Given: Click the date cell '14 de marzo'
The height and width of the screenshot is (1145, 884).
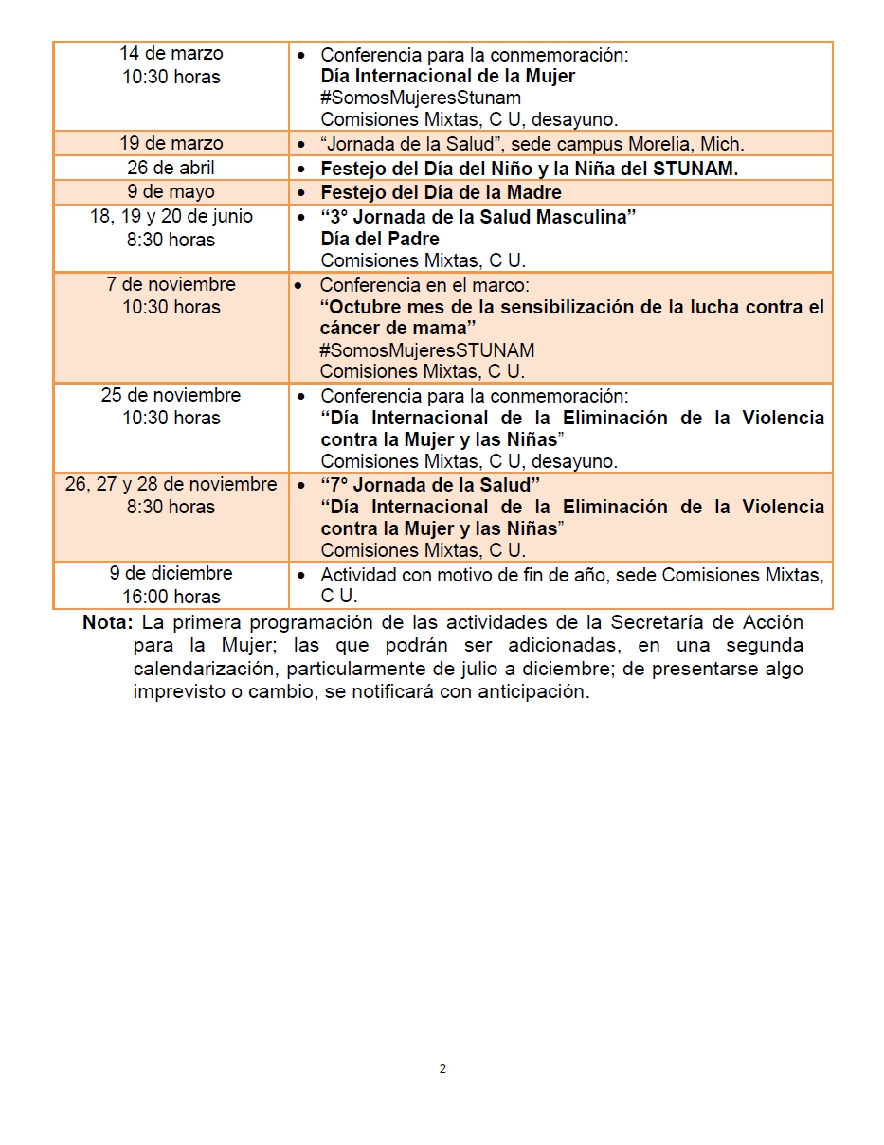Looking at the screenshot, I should (x=171, y=54).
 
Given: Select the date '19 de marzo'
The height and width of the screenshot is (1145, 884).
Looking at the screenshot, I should (x=171, y=143).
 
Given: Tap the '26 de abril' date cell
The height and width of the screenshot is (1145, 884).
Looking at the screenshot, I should (x=171, y=168).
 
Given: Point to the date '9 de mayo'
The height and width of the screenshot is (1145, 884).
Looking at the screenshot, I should (x=171, y=192).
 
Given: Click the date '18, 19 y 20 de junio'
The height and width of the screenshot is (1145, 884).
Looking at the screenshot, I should (x=171, y=216).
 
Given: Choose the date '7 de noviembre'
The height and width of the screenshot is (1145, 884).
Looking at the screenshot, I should (x=171, y=284).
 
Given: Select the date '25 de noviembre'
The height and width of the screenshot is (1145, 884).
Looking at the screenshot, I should (x=171, y=395).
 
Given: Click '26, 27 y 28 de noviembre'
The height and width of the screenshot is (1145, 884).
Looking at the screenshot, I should (x=171, y=484).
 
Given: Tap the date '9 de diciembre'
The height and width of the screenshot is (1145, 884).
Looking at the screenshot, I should (x=171, y=573).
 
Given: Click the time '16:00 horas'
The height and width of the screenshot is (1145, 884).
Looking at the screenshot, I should (x=171, y=597).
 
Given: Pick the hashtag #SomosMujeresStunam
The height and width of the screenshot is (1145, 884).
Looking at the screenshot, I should (x=421, y=98).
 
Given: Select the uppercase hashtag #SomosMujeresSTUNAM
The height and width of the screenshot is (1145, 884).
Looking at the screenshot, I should (x=427, y=350).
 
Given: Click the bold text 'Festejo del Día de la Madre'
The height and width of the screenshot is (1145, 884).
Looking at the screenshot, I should (x=442, y=192).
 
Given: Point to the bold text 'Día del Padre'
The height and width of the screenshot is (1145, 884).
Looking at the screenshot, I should (x=380, y=239).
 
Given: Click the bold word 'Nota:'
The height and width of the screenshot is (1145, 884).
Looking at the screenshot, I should (x=109, y=623).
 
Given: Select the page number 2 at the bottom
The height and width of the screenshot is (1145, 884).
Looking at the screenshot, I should (x=442, y=1069).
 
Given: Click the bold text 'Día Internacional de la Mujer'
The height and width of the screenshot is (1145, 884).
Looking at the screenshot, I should (x=448, y=76).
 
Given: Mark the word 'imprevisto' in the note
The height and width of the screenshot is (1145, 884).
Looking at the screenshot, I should (x=176, y=691).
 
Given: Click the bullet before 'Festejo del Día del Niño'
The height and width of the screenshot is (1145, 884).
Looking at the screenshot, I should (x=301, y=169).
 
